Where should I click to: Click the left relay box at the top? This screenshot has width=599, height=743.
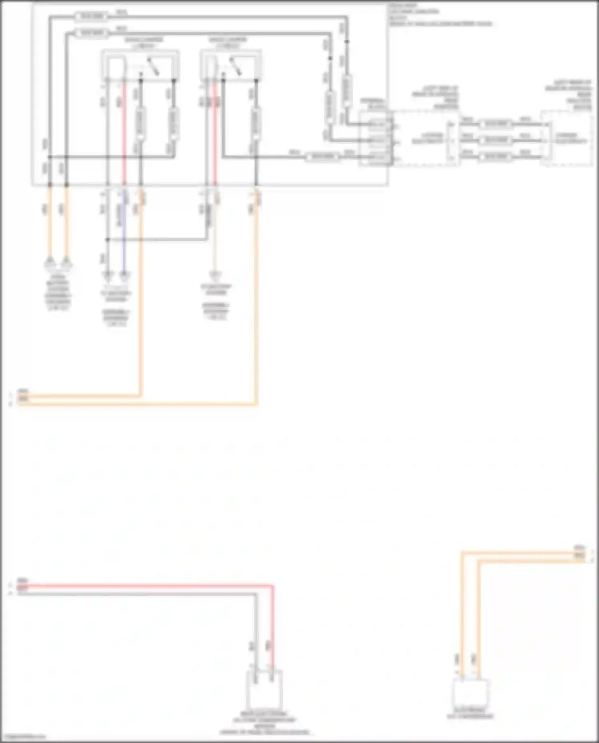[x=140, y=66]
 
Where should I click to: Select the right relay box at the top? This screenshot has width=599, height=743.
[x=231, y=66]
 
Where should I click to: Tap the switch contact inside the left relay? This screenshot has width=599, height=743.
[x=153, y=67]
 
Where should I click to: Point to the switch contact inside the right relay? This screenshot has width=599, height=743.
[x=236, y=67]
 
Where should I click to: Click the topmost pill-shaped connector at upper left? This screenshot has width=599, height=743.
[x=92, y=17]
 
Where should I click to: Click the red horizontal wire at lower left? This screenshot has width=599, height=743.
[x=144, y=586]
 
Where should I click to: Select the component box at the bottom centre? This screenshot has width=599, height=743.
[x=264, y=690]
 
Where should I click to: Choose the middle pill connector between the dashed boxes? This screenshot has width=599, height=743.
[x=496, y=141]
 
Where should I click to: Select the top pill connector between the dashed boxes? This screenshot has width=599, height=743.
[x=496, y=125]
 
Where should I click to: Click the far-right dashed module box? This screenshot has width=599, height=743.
[x=566, y=139]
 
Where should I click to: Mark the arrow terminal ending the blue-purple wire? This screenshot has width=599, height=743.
[x=125, y=275]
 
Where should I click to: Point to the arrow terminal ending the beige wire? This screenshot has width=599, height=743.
[x=216, y=275]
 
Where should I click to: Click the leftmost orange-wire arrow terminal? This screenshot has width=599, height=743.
[x=50, y=263]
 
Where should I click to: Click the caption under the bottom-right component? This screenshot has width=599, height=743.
[x=470, y=714]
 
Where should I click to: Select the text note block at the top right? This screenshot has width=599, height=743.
[x=439, y=15]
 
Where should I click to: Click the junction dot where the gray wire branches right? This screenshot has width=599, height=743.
[x=107, y=240]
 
